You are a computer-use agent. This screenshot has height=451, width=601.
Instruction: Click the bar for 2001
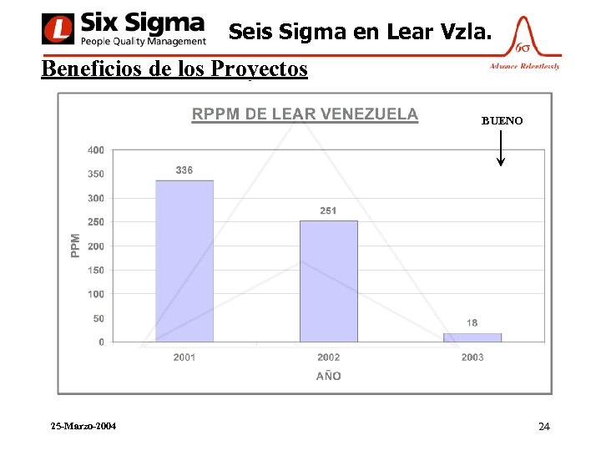[184, 261]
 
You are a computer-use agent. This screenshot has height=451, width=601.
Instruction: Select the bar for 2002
[328, 281]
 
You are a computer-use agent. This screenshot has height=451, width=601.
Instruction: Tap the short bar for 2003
[472, 337]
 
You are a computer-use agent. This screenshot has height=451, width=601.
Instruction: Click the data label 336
[184, 170]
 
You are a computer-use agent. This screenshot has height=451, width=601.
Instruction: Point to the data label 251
[328, 210]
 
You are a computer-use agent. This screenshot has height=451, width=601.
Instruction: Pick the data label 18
[472, 322]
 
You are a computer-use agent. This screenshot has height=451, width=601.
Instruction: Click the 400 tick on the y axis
[96, 150]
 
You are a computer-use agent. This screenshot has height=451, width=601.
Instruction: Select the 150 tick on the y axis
[96, 271]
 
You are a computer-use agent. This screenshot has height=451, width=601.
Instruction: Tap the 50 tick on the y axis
[98, 318]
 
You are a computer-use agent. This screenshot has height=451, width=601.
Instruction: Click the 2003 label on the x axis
[472, 357]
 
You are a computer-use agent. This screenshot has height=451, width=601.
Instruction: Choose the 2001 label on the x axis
[184, 357]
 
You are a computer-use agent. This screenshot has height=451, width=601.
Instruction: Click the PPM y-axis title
[76, 245]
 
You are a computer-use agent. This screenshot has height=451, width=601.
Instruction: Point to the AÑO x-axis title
[328, 376]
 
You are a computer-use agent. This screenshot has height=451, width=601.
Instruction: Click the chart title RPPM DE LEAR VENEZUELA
[305, 114]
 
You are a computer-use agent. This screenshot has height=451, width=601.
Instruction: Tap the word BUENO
[502, 121]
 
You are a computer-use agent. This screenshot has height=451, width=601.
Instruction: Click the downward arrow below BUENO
[500, 150]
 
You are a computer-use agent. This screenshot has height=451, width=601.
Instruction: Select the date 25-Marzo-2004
[83, 426]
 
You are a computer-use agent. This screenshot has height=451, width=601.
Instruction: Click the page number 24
[544, 427]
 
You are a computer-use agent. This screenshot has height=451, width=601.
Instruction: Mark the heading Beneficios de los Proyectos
[174, 68]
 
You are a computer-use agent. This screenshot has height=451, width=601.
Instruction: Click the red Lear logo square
[57, 29]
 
